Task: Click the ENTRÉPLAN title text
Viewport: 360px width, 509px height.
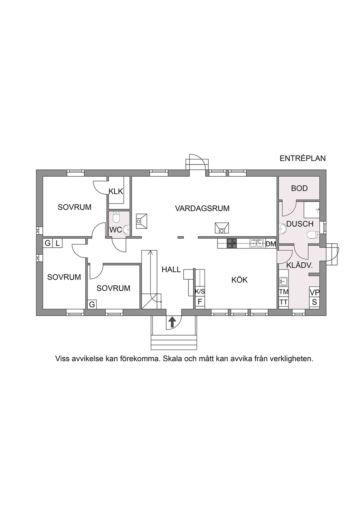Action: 303,158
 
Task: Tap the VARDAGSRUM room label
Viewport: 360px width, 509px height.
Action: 202,208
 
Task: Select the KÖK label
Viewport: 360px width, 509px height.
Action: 240,280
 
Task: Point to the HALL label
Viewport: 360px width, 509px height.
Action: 171,270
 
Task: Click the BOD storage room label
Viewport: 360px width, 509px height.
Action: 299,188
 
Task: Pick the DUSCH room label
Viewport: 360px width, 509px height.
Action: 300,224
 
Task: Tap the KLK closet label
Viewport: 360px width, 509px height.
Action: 116,191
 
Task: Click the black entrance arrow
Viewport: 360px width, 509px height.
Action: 172,322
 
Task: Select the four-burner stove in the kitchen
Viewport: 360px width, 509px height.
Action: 232,243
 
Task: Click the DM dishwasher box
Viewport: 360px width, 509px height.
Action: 271,244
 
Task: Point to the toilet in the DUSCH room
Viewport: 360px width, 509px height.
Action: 313,235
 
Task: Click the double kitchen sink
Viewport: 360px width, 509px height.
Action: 256,243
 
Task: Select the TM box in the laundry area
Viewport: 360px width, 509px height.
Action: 283,292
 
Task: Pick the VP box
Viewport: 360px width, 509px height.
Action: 314,292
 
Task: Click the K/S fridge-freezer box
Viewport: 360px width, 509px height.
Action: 200,292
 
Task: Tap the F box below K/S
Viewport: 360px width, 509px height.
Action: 200,302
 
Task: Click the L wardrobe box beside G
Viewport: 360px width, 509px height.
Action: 57,243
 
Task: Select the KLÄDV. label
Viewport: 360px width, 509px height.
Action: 299,265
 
